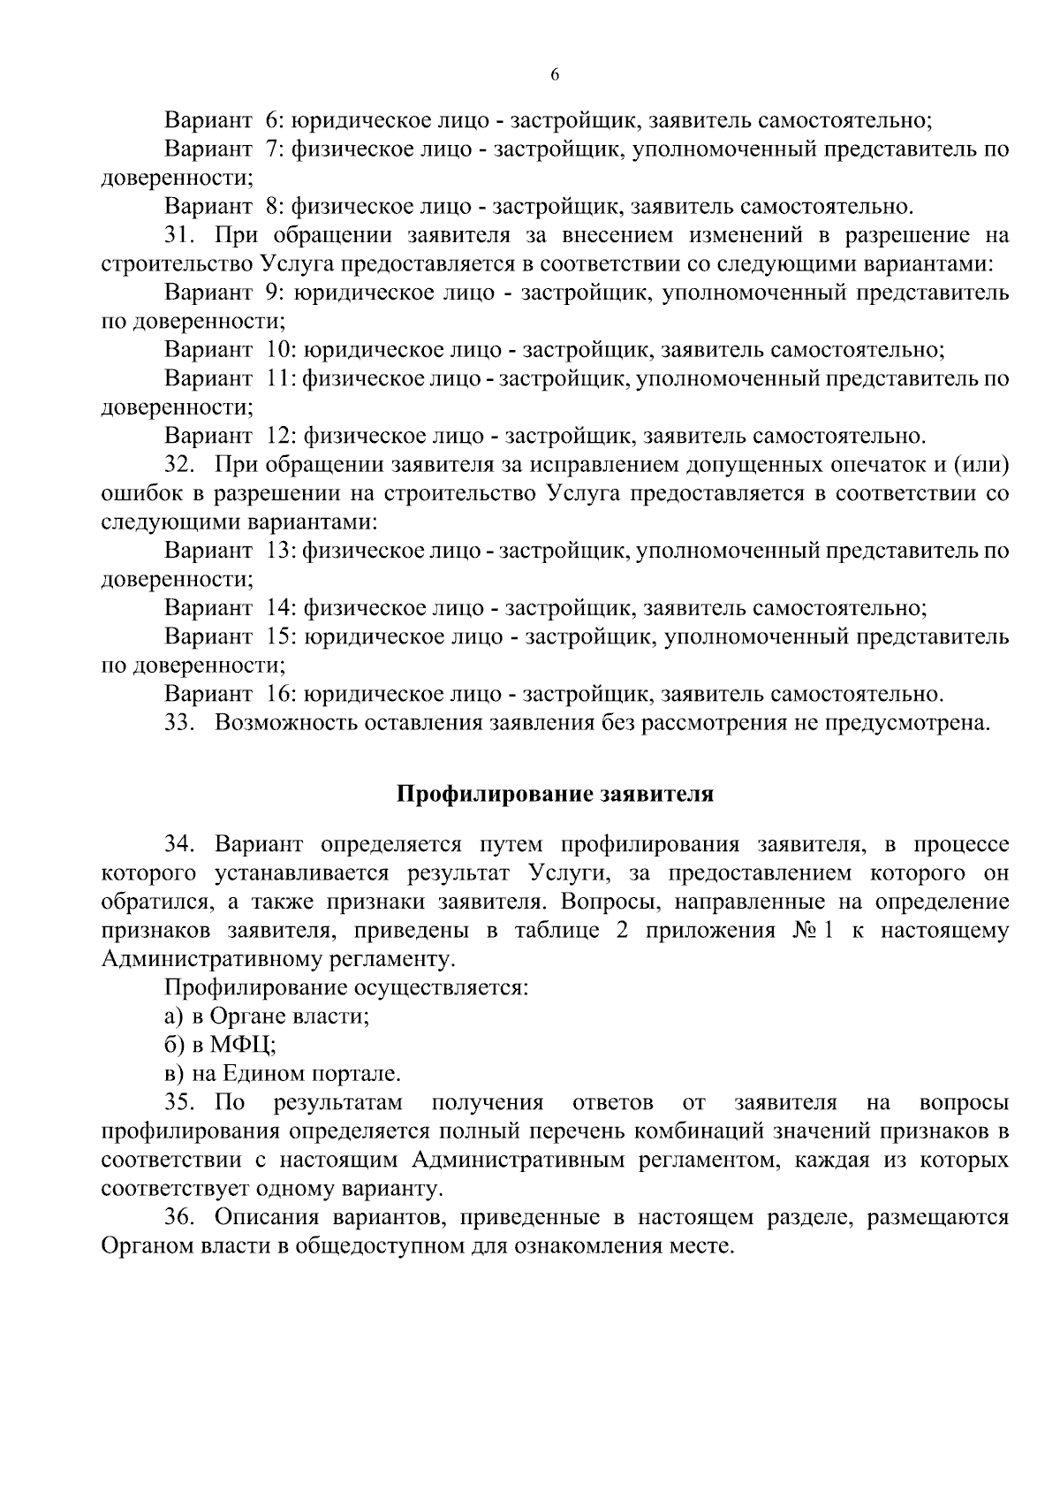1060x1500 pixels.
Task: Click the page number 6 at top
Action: coord(554,75)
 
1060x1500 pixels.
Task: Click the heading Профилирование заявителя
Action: coord(554,793)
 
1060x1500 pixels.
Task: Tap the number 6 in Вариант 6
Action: coord(272,120)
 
